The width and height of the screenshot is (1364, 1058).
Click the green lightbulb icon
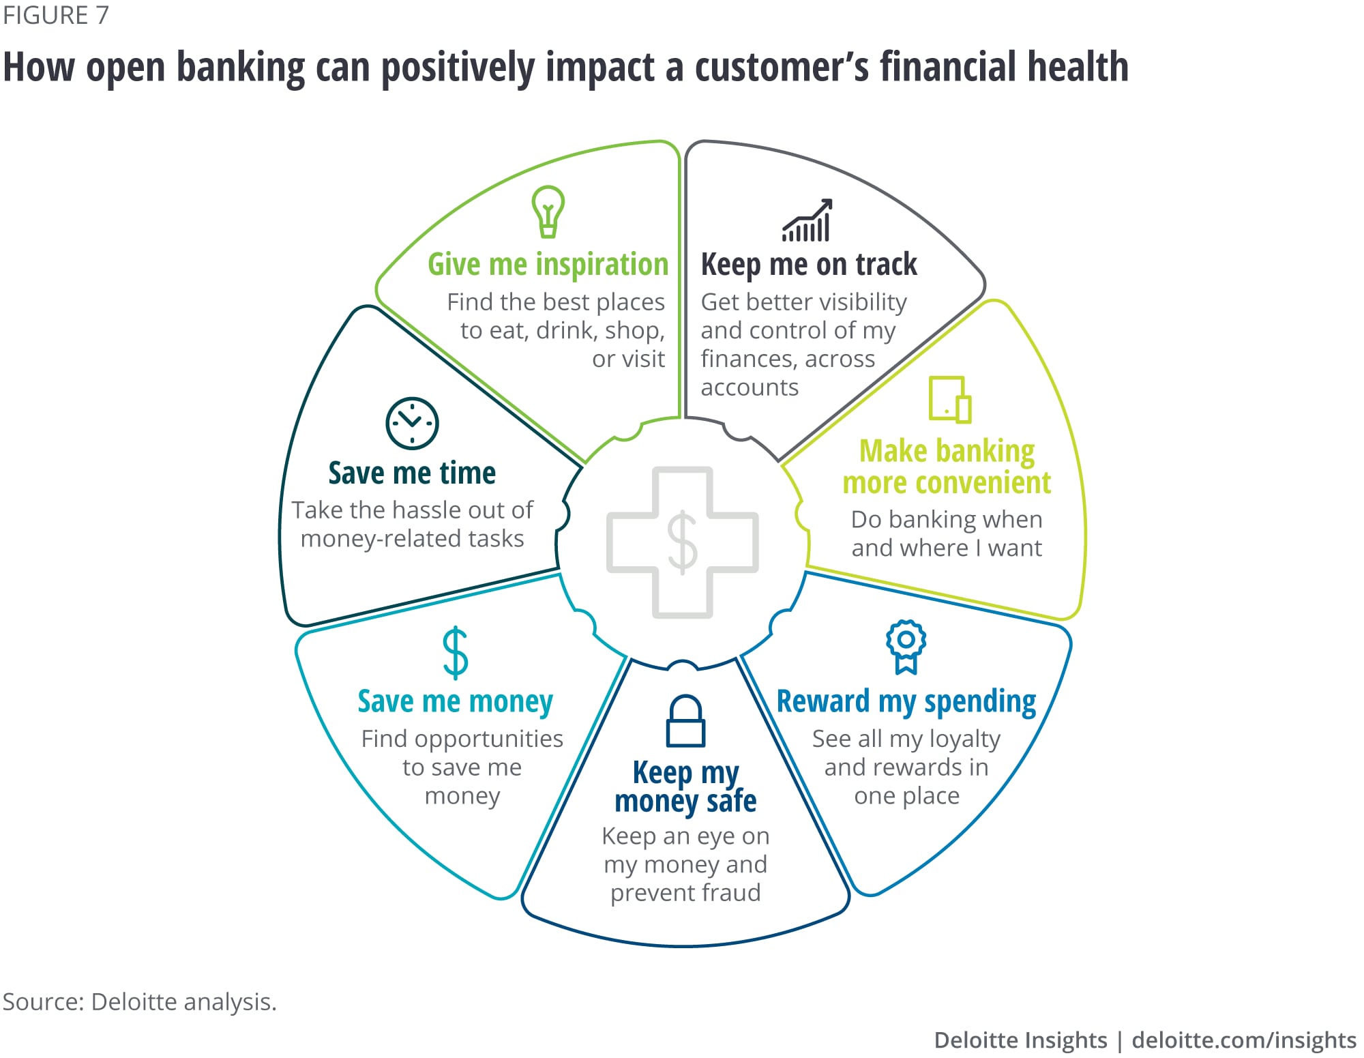pos(548,211)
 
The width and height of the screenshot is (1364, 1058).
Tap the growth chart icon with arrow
pos(807,221)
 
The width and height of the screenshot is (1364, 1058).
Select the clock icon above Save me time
pos(412,423)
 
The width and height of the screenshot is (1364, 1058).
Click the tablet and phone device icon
pos(950,399)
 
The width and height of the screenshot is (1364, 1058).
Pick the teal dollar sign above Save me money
pos(455,653)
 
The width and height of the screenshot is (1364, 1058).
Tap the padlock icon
pos(685,721)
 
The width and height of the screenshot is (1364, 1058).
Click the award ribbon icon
pos(906,646)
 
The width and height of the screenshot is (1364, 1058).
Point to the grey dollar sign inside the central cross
pos(682,543)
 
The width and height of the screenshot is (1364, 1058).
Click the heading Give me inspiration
pos(548,265)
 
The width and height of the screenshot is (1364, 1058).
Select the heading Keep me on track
pos(809,265)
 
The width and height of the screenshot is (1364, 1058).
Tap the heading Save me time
pos(412,473)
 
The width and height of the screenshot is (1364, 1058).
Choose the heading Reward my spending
pos(906,701)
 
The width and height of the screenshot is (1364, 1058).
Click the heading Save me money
pos(455,701)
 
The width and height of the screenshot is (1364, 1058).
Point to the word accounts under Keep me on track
pos(750,387)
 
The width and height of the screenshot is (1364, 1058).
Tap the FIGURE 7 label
pos(56,15)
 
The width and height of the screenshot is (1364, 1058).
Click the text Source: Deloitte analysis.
pos(139,1001)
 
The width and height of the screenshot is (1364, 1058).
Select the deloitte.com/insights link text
pos(1243,1040)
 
